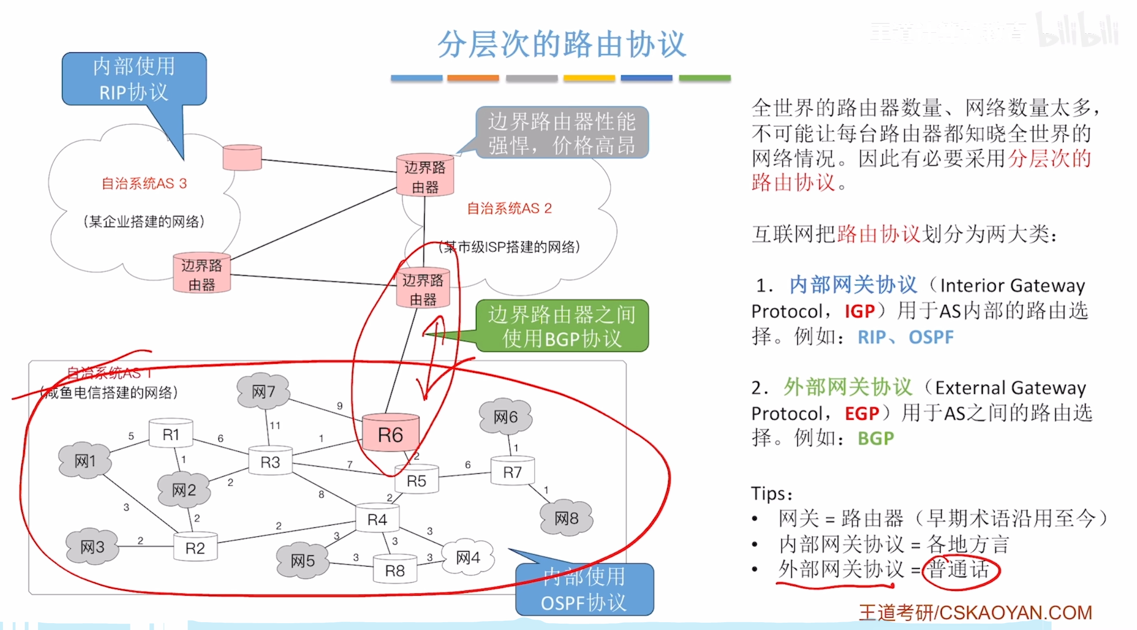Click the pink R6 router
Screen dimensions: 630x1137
pyautogui.click(x=391, y=434)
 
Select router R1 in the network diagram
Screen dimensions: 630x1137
pyautogui.click(x=171, y=434)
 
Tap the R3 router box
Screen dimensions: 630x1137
pyautogui.click(x=270, y=461)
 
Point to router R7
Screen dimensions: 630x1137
pyautogui.click(x=512, y=471)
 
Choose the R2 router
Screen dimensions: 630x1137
pyautogui.click(x=195, y=548)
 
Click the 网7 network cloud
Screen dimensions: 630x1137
pyautogui.click(x=264, y=391)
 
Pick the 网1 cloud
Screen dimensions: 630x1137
pyautogui.click(x=85, y=461)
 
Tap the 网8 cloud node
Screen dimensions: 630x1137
pyautogui.click(x=566, y=518)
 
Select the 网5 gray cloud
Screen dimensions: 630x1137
pyautogui.click(x=303, y=561)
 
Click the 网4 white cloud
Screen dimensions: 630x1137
pyautogui.click(x=468, y=557)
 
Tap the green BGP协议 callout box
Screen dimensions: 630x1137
pyautogui.click(x=562, y=326)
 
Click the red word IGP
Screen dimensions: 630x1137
pyautogui.click(x=860, y=311)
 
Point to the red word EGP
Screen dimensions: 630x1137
pyautogui.click(x=862, y=413)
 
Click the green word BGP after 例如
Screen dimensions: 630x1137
pyautogui.click(x=876, y=439)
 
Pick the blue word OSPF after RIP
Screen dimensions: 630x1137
pyautogui.click(x=930, y=337)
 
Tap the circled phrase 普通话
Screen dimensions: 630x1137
pyautogui.click(x=959, y=569)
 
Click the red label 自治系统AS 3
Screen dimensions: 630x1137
pyautogui.click(x=144, y=183)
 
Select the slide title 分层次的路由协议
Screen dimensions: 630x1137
pyautogui.click(x=561, y=44)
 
